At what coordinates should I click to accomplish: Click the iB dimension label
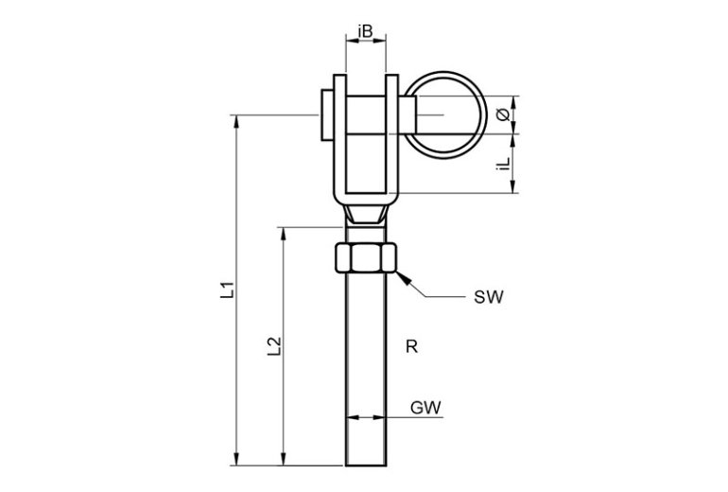[x=366, y=32]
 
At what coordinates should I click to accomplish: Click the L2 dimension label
[x=274, y=346]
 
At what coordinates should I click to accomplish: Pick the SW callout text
[x=489, y=298]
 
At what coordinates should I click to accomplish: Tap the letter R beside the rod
[x=410, y=346]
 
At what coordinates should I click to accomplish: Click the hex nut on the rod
[x=366, y=257]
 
